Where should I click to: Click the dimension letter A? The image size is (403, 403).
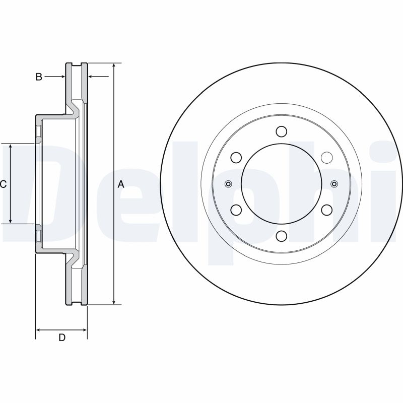(x=121, y=184)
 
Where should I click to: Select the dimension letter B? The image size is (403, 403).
(x=38, y=77)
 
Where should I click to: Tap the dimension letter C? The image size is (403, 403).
(x=3, y=184)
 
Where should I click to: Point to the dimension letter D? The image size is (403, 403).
(x=62, y=338)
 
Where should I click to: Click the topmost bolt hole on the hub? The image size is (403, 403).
(x=281, y=132)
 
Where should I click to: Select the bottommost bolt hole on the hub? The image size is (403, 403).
(x=281, y=235)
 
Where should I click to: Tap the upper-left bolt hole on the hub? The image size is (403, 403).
(x=236, y=158)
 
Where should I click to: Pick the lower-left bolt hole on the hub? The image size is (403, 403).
(x=236, y=210)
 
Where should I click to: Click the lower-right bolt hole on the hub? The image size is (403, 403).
(x=326, y=210)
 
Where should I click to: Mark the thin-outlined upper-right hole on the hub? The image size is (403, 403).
(x=326, y=158)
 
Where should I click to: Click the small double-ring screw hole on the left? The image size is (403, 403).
(x=228, y=183)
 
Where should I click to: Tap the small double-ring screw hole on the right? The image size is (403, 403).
(x=334, y=183)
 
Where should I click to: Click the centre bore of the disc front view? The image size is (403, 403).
(x=281, y=183)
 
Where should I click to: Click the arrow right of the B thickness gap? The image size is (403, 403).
(x=92, y=77)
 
